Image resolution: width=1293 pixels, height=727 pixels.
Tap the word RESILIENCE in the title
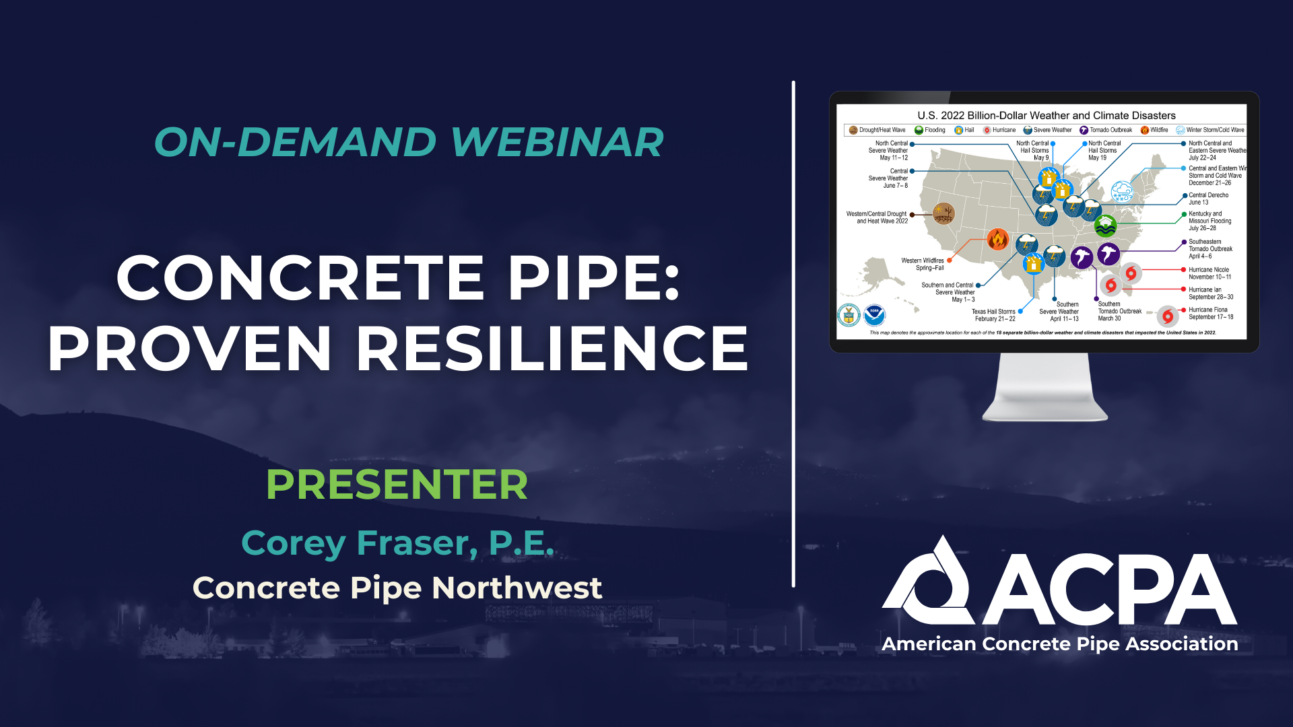(x=552, y=349)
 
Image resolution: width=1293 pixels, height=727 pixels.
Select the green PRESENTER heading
(x=397, y=485)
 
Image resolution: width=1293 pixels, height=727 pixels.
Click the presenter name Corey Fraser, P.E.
(x=397, y=543)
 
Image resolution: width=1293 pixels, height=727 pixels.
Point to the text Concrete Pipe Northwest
(x=397, y=588)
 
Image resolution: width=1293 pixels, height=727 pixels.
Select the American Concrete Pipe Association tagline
(x=1059, y=644)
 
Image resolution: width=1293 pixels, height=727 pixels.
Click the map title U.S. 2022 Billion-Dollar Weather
(x=1046, y=116)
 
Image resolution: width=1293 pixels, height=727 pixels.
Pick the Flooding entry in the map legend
(x=930, y=130)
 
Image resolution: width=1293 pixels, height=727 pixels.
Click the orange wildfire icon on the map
(x=997, y=239)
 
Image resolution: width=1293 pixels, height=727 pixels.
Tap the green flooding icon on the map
(x=1105, y=225)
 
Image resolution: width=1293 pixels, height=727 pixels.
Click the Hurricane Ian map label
(x=1210, y=293)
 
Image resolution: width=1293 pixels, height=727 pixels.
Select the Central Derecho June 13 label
(x=1208, y=199)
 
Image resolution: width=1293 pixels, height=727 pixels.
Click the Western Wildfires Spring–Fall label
(x=923, y=264)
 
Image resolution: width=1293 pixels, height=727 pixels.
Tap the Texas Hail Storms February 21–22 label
(x=993, y=315)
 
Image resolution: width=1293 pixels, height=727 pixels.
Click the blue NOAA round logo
(x=874, y=314)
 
